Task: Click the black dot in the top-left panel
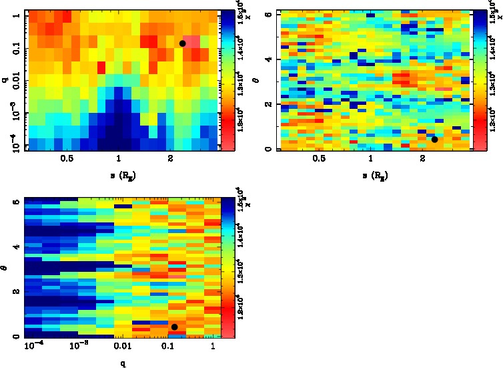coord(182,43)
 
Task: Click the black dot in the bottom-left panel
coord(174,327)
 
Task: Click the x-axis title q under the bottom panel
coord(123,363)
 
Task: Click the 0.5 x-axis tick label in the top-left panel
coord(67,160)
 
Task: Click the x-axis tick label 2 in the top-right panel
coord(422,160)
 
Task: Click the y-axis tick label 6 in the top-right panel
coord(266,14)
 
